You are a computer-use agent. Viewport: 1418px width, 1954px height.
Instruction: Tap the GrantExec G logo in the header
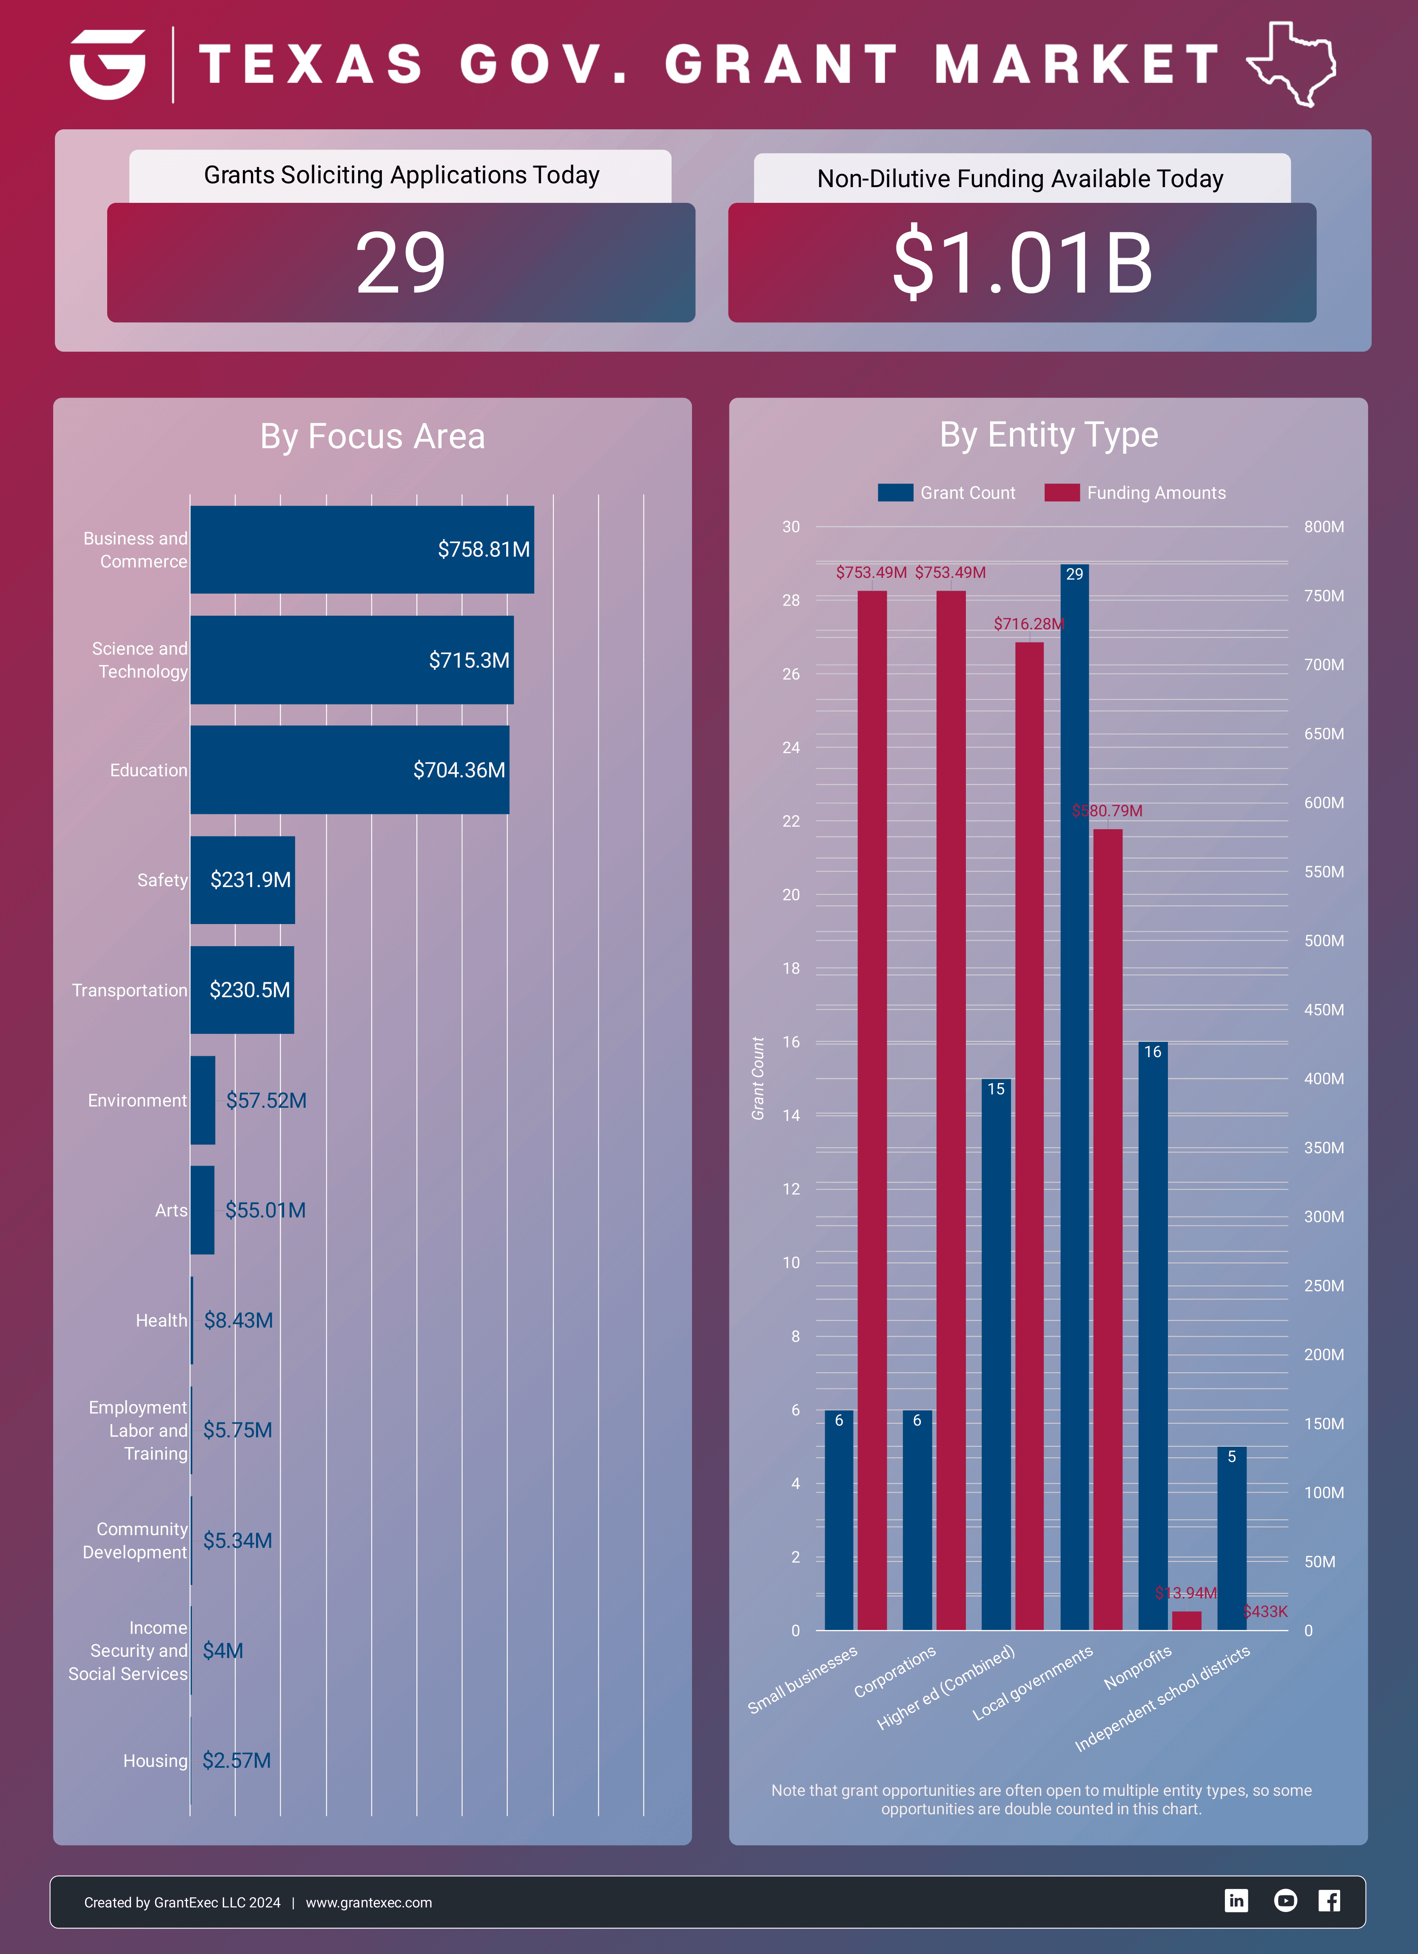108,65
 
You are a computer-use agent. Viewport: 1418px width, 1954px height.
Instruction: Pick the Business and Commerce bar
362,550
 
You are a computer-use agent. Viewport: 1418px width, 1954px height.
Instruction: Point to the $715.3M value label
469,660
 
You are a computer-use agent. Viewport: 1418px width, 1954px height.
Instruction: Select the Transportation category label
129,990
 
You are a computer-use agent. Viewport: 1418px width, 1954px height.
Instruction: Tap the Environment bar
202,1100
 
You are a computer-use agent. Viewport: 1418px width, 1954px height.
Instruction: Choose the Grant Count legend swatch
895,493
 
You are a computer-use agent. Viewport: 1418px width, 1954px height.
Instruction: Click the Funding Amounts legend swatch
1061,493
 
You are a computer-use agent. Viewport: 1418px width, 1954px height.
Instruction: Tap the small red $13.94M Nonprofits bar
1186,1621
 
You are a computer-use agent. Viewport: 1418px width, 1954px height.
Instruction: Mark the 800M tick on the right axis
1323,526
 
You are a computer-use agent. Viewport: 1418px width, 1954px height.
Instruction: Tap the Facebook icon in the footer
1329,1900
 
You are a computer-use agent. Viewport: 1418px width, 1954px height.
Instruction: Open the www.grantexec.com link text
369,1902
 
